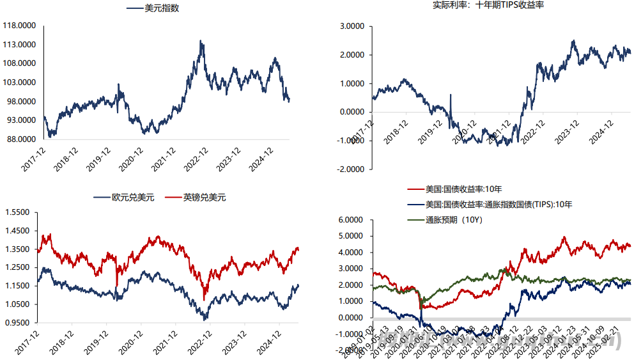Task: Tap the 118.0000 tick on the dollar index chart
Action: pyautogui.click(x=20, y=26)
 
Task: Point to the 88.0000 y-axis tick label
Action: pyautogui.click(x=20, y=139)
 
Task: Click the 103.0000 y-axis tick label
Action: pyautogui.click(x=20, y=82)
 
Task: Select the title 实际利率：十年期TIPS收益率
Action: pyautogui.click(x=488, y=5)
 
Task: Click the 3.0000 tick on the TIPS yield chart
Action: pyautogui.click(x=351, y=26)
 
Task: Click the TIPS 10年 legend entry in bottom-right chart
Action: pyautogui.click(x=499, y=205)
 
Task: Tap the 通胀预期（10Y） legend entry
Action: pyautogui.click(x=454, y=220)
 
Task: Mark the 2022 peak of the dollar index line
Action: pyautogui.click(x=201, y=42)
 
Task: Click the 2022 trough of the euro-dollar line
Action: pyautogui.click(x=205, y=318)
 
